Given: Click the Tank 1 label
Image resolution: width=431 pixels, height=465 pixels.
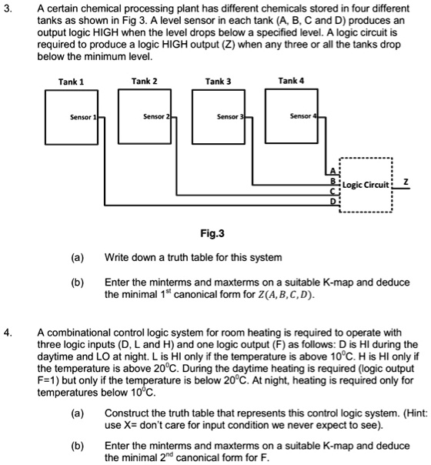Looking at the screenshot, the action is pos(71,82).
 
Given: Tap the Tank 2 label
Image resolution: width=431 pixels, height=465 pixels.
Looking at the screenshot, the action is pos(145,82).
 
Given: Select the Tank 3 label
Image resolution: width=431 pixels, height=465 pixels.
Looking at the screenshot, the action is pos(218,82).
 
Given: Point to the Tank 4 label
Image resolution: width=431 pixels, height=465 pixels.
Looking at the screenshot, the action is pos(291,81).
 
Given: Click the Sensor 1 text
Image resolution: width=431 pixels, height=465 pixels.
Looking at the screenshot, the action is pos(83,117).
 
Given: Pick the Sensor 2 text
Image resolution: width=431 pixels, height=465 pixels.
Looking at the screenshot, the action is pos(156,116).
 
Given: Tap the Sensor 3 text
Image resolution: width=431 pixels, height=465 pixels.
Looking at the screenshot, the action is pos(230,117).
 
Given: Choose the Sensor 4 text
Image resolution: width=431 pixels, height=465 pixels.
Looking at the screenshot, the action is pos(303,116).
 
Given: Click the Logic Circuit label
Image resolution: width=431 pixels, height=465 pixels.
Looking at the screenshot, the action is pos(366,185).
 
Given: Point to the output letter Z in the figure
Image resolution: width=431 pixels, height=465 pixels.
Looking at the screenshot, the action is pos(406,182).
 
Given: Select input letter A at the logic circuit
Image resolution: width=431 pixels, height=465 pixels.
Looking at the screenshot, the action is pos(333,171).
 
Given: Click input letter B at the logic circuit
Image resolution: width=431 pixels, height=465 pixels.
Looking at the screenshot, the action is pos(333,181).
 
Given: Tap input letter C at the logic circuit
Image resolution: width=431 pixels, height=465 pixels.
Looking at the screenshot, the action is pos(333,191).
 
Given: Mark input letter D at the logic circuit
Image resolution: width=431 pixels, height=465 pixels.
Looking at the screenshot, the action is pos(333,202).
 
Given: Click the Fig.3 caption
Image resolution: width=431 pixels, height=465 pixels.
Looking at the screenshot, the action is pos(212,234).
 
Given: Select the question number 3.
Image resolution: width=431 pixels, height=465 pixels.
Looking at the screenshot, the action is pos(8,9).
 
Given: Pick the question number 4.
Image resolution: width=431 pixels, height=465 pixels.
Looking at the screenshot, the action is pos(8,333).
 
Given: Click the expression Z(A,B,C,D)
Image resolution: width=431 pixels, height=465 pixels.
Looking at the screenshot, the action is pos(284,295).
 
